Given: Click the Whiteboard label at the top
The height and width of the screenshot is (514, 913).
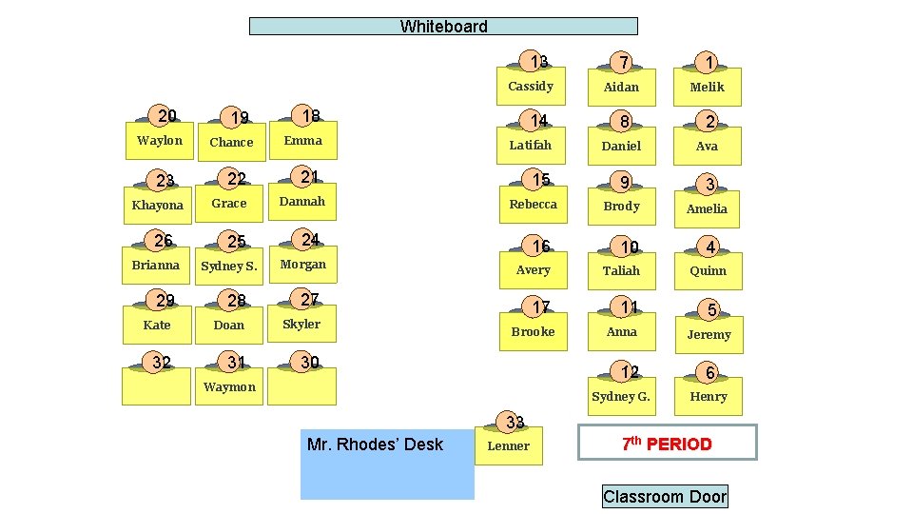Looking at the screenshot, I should click(x=443, y=27).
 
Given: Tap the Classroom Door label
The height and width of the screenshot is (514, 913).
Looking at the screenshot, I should click(x=664, y=496).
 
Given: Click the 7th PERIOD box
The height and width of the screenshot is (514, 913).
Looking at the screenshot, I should click(x=667, y=444).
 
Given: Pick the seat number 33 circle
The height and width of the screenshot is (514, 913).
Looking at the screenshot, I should click(x=515, y=422).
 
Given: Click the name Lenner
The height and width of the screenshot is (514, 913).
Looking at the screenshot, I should click(x=509, y=446).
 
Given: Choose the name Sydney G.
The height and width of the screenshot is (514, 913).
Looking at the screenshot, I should click(x=620, y=397).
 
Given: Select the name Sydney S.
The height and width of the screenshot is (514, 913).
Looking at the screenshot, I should click(x=229, y=267).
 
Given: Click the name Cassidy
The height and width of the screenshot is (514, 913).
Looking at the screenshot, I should click(x=531, y=87).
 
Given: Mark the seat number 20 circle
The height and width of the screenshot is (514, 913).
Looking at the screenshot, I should click(x=166, y=116).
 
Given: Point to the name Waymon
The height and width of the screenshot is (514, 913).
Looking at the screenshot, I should click(x=229, y=387).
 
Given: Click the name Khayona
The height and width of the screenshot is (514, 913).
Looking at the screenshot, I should click(x=158, y=206).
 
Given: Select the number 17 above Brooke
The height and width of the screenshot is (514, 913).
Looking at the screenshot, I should click(x=540, y=307).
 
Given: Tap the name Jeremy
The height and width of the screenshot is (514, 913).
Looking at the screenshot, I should click(x=709, y=335).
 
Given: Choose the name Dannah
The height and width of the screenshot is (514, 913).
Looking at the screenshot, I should click(x=302, y=202).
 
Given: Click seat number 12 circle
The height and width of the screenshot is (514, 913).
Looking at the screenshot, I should click(x=629, y=371).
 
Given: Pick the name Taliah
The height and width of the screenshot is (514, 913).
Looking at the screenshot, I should click(x=621, y=271).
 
